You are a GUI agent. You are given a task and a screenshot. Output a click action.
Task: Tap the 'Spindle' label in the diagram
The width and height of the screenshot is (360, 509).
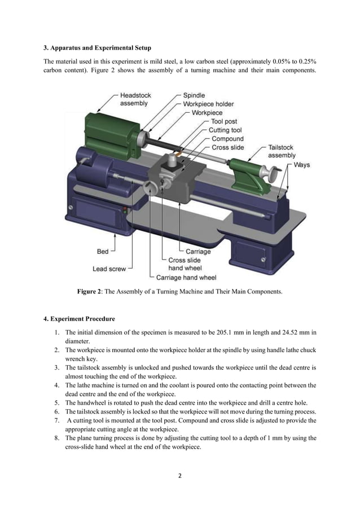[194, 95]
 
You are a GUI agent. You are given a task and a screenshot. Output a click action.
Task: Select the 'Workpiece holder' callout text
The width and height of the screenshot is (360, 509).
[208, 104]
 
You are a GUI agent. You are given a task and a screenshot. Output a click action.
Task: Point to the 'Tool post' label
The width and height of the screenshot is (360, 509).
[224, 121]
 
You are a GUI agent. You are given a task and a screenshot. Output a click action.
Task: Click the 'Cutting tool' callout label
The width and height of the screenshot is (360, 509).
[226, 130]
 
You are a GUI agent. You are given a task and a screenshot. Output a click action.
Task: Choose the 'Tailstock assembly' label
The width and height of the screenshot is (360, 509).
[281, 151]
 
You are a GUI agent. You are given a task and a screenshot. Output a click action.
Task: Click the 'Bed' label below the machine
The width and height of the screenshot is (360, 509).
[103, 252]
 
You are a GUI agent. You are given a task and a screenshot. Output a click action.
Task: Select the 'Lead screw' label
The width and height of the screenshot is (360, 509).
[109, 269]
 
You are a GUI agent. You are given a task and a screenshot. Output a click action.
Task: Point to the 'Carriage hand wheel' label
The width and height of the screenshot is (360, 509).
[186, 277]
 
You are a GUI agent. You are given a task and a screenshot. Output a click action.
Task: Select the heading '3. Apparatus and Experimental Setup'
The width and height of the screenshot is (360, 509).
[98, 47]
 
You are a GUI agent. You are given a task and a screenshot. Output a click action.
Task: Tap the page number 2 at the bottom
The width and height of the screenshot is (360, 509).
[180, 476]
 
